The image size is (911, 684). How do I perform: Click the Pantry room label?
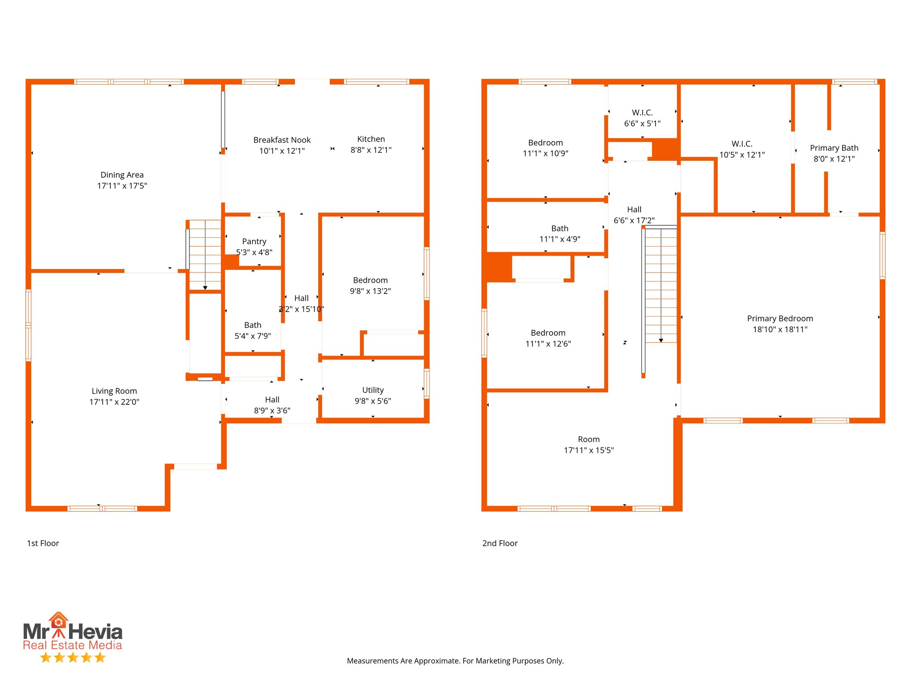click(x=254, y=241)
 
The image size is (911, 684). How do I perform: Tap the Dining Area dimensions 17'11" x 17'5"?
click(x=122, y=186)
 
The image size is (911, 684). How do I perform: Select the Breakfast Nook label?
click(x=282, y=140)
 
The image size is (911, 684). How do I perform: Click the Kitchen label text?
click(x=371, y=139)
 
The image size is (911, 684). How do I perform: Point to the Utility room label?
click(x=372, y=390)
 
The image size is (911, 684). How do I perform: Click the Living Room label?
click(x=114, y=391)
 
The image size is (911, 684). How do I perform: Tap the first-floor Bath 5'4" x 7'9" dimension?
click(x=252, y=336)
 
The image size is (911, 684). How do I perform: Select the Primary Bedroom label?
click(x=779, y=318)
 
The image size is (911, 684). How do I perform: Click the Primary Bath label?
click(x=834, y=148)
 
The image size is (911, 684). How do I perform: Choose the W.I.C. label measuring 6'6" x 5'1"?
click(x=642, y=113)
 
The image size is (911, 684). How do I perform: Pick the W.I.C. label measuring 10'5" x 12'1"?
click(x=742, y=144)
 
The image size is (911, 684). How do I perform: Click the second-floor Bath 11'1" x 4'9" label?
click(x=559, y=228)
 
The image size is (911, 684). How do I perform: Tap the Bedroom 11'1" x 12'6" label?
click(x=548, y=333)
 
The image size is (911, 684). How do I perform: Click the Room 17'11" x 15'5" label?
click(x=588, y=440)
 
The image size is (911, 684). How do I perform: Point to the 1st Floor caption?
click(x=43, y=543)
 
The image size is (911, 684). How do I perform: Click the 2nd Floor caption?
click(x=500, y=543)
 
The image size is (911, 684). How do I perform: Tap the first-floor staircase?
click(x=205, y=255)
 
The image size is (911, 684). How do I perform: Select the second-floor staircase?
click(x=661, y=285)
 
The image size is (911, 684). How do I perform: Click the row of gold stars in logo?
click(x=73, y=657)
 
